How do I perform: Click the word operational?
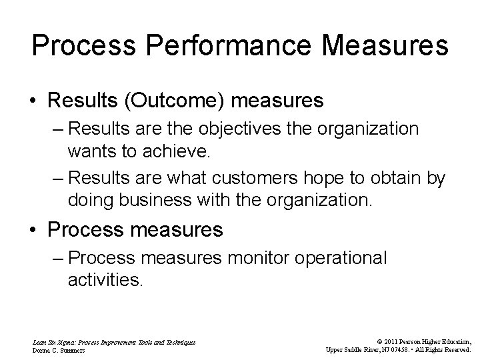click(x=338, y=258)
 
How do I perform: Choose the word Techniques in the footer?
click(x=179, y=341)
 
